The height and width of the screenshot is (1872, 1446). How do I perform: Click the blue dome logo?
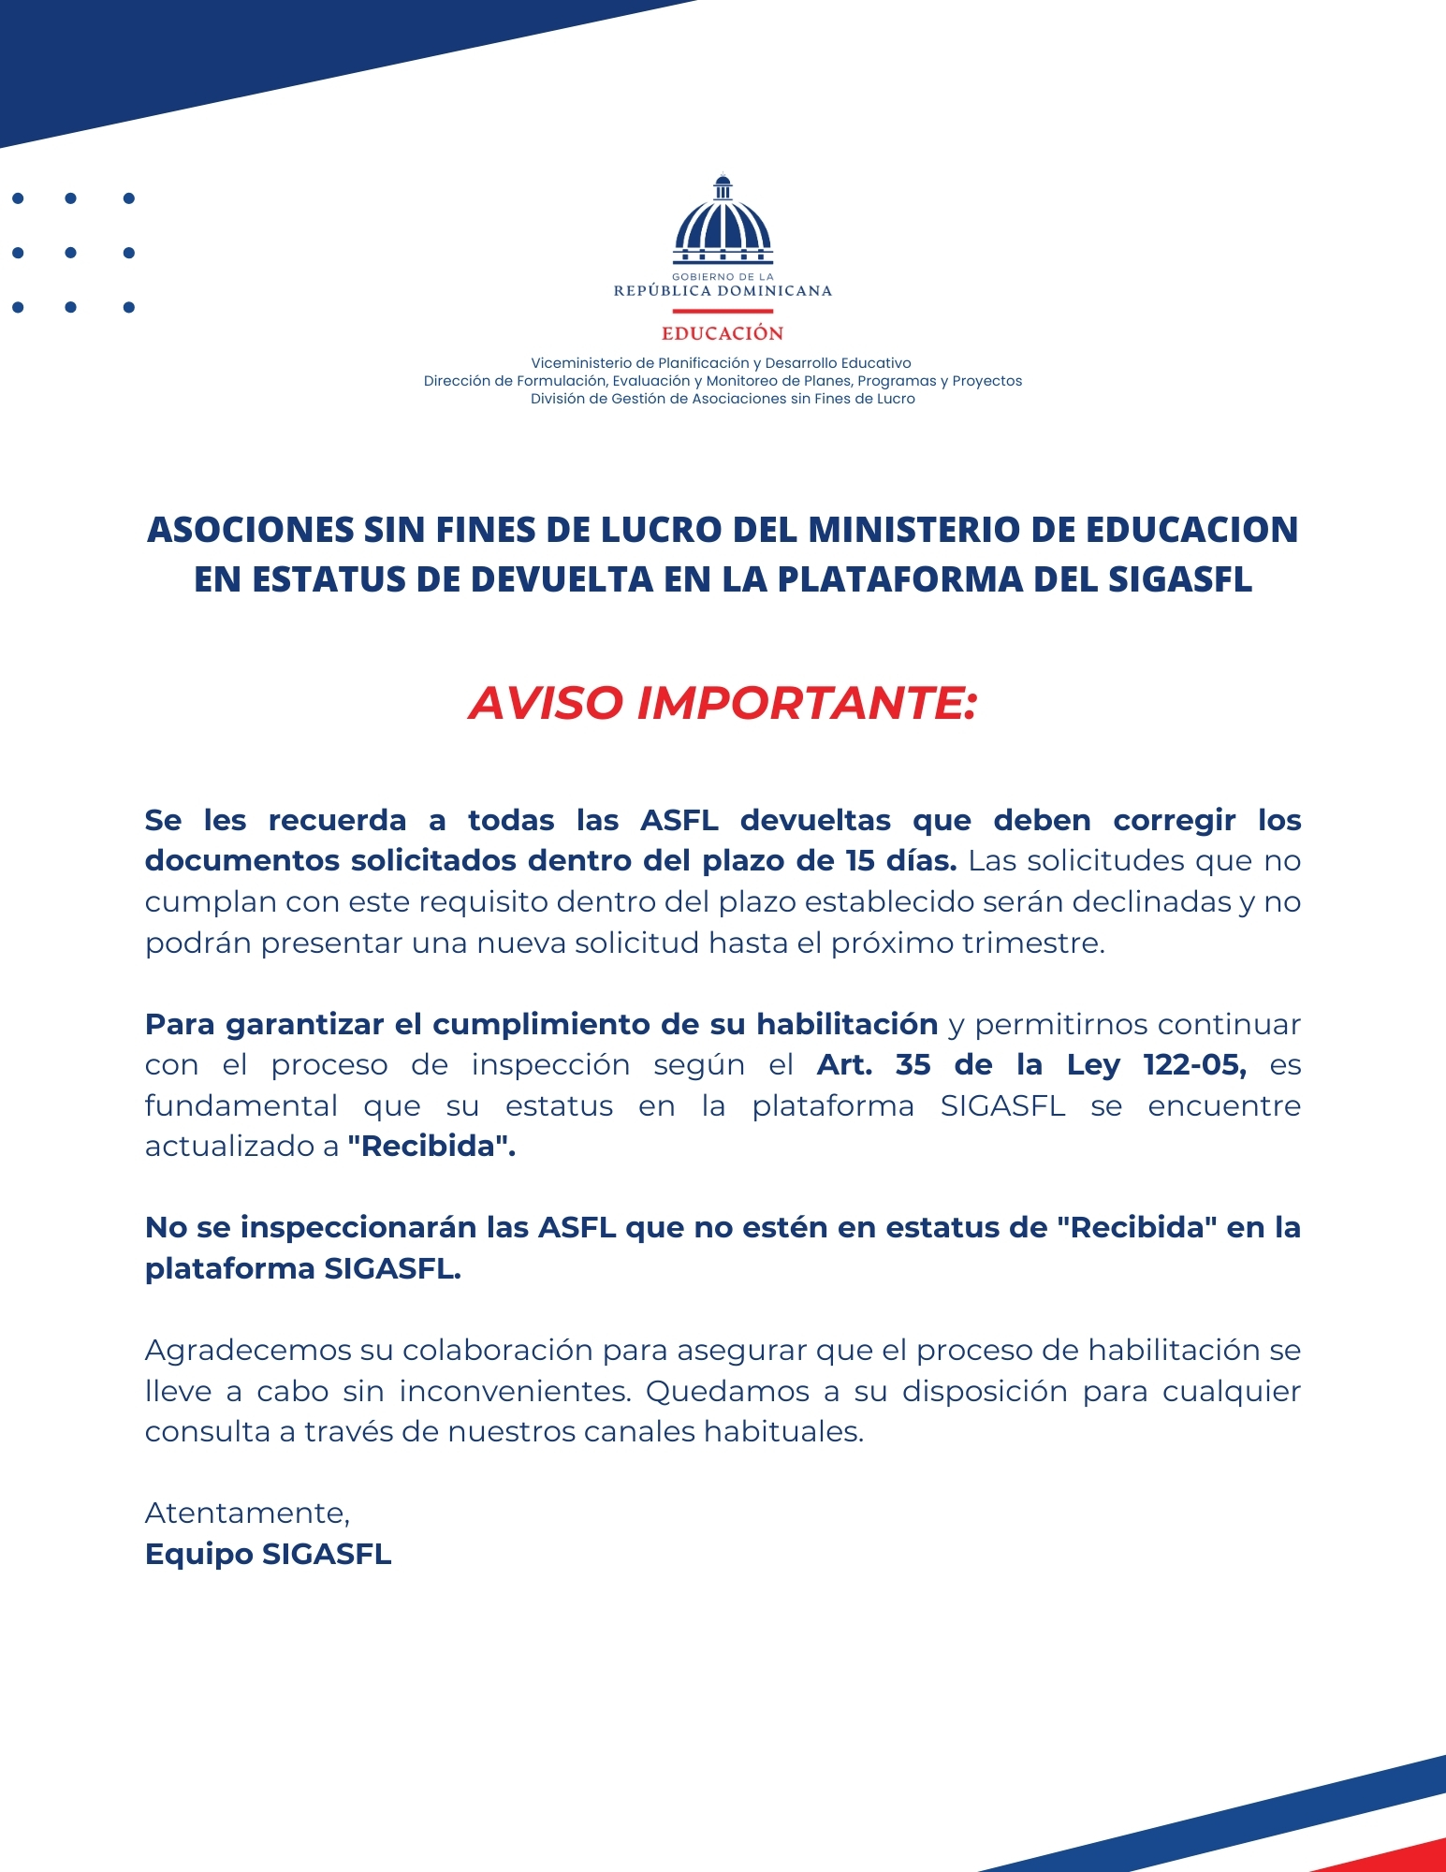[723, 221]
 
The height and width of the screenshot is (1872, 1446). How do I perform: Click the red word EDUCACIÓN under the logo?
[723, 333]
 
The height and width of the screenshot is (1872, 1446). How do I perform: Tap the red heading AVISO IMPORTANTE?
[723, 703]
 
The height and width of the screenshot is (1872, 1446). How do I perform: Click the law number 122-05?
[1195, 1065]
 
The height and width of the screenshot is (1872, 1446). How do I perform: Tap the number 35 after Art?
[913, 1065]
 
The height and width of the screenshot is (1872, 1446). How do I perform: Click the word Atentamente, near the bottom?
[247, 1513]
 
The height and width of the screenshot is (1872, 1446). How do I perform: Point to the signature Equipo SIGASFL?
[268, 1554]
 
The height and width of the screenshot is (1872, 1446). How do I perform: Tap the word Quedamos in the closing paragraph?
[727, 1391]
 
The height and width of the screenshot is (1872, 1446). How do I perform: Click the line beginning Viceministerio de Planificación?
[721, 363]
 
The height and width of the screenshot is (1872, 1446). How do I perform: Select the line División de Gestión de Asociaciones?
[723, 399]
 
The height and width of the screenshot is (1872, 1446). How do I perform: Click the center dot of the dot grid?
[71, 253]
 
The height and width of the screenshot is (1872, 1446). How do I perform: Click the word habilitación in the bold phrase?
[847, 1024]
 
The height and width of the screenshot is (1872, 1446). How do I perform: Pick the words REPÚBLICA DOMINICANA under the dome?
[723, 291]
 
